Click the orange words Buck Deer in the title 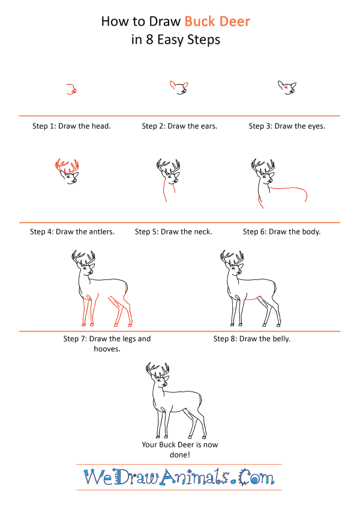pos(217,22)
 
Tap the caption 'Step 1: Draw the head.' pos(71,126)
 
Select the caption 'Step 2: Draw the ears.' pos(179,126)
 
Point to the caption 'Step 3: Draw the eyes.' pos(287,126)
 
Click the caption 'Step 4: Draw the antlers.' pos(72,231)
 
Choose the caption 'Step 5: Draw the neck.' pos(173,231)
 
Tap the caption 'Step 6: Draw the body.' pos(281,231)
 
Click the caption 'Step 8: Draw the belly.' pos(252,339)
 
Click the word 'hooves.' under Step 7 pos(107,349)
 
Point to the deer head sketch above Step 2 pos(179,88)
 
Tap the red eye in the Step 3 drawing pos(285,87)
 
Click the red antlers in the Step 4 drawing pos(66,166)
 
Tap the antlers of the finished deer pos(157,370)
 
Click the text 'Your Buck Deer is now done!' pos(179,450)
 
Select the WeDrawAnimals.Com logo pos(179,477)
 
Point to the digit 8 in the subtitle pos(149,40)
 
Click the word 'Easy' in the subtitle pos(170,40)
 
